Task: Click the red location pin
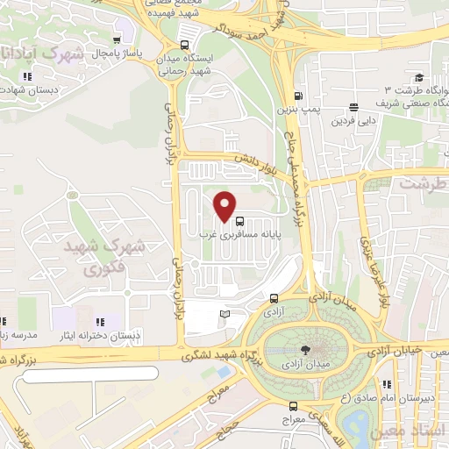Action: click(x=225, y=207)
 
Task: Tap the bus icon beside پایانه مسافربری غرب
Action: click(x=240, y=221)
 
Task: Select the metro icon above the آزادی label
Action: click(x=274, y=297)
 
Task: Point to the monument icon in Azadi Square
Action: click(x=293, y=348)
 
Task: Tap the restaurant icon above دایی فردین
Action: click(x=353, y=104)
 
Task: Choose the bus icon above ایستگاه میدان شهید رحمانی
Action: click(x=184, y=45)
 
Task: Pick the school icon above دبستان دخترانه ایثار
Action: click(x=100, y=321)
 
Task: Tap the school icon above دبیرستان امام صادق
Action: click(x=387, y=383)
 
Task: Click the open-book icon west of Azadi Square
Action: click(x=224, y=314)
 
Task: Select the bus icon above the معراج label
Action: click(x=294, y=406)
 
